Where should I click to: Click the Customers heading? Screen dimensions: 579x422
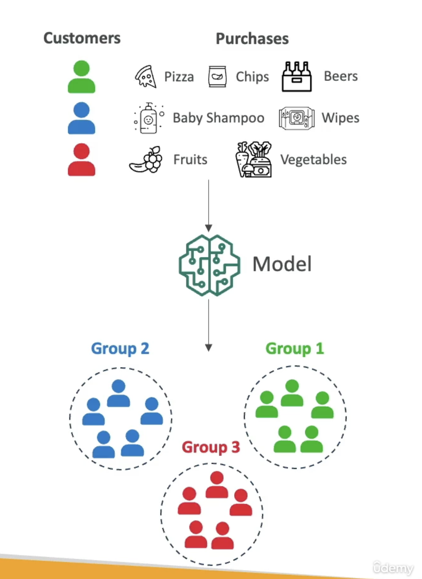point(82,38)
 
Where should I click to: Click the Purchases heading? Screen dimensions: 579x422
point(252,38)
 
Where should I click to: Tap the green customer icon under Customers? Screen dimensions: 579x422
point(81,77)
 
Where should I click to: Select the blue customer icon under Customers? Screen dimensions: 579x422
point(81,118)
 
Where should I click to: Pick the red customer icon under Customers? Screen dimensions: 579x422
point(81,159)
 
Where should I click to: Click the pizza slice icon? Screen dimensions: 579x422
point(146,76)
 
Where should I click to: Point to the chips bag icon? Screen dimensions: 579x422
point(217,76)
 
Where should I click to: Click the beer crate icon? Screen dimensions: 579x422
point(296,76)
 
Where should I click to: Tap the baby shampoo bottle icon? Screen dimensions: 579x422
point(148,118)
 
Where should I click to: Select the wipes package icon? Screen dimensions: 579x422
point(296,118)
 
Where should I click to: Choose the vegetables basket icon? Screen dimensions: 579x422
point(254,159)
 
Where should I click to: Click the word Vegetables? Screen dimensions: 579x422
point(313,160)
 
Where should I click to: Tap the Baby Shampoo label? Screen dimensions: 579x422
point(218,118)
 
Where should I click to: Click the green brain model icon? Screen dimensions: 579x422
point(209,265)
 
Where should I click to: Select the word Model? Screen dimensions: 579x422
point(282,264)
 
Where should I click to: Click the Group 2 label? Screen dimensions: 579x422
point(120,349)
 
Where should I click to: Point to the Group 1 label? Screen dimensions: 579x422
point(294,349)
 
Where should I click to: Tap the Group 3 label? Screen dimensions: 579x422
point(211,447)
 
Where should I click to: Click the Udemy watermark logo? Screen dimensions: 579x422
point(393,568)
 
